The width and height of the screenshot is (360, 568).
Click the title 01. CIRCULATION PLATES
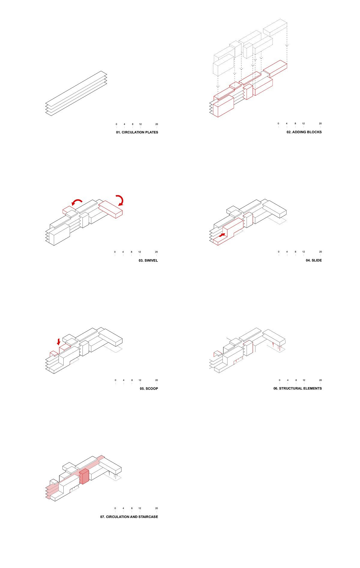137,132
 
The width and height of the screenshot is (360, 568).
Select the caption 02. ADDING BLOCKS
304,132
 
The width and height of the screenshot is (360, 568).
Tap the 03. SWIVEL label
148,260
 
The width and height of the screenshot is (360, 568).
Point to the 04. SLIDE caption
314,260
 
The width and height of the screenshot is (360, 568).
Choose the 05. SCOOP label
149,389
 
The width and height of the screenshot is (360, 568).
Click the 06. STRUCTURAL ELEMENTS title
297,388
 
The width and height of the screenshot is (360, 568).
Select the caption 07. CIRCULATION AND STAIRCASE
129,517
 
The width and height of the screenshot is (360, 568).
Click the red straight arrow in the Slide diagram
222,235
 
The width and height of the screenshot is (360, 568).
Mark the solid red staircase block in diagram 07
84,476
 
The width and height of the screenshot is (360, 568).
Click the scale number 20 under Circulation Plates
157,124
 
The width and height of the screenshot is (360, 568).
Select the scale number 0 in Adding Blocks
278,124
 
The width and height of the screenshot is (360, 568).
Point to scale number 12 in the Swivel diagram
140,252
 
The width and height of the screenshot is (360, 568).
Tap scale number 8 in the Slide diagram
295,252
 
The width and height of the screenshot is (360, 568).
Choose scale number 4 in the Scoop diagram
123,380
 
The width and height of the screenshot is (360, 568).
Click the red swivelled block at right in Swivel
110,209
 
